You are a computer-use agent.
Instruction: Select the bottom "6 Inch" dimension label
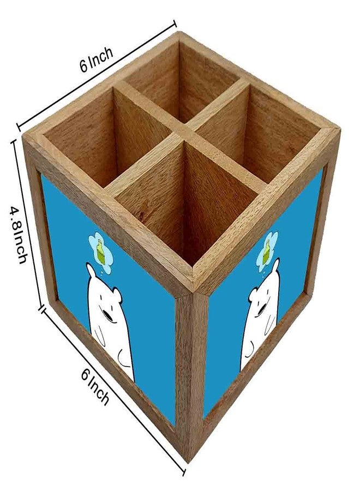point(95,386)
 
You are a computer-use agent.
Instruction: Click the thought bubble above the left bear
point(100,252)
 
